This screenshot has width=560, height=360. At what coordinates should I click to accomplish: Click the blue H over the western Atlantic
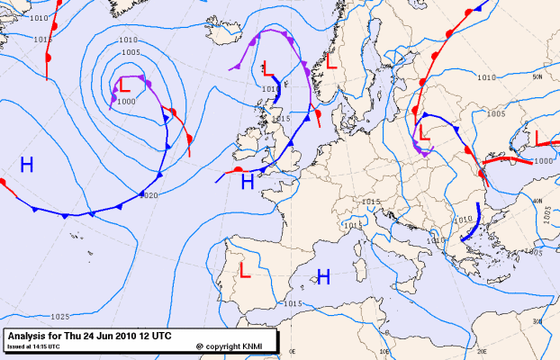[27, 164]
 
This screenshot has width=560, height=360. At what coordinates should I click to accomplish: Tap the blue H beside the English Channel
[248, 181]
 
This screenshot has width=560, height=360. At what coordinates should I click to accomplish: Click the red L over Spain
[244, 271]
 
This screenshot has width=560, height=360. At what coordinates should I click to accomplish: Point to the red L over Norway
[331, 64]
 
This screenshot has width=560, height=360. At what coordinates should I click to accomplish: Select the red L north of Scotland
[268, 67]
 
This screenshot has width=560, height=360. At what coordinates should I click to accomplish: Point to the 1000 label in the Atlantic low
[126, 102]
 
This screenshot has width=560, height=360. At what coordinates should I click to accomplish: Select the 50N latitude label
[537, 79]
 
